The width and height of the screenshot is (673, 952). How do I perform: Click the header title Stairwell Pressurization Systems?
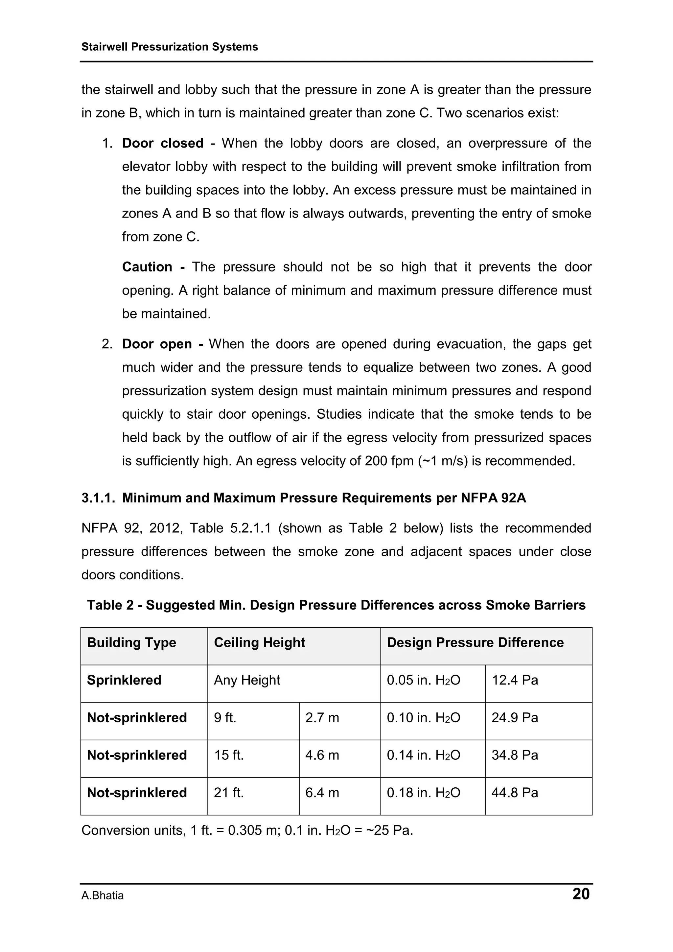coord(170,47)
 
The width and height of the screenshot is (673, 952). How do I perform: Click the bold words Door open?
coord(157,344)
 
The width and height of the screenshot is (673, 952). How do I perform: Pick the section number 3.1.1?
coord(98,498)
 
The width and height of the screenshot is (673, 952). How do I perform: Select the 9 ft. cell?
coord(225,717)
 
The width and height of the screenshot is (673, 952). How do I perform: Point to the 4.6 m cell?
coord(322,755)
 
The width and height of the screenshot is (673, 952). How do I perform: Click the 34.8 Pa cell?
coord(515,755)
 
